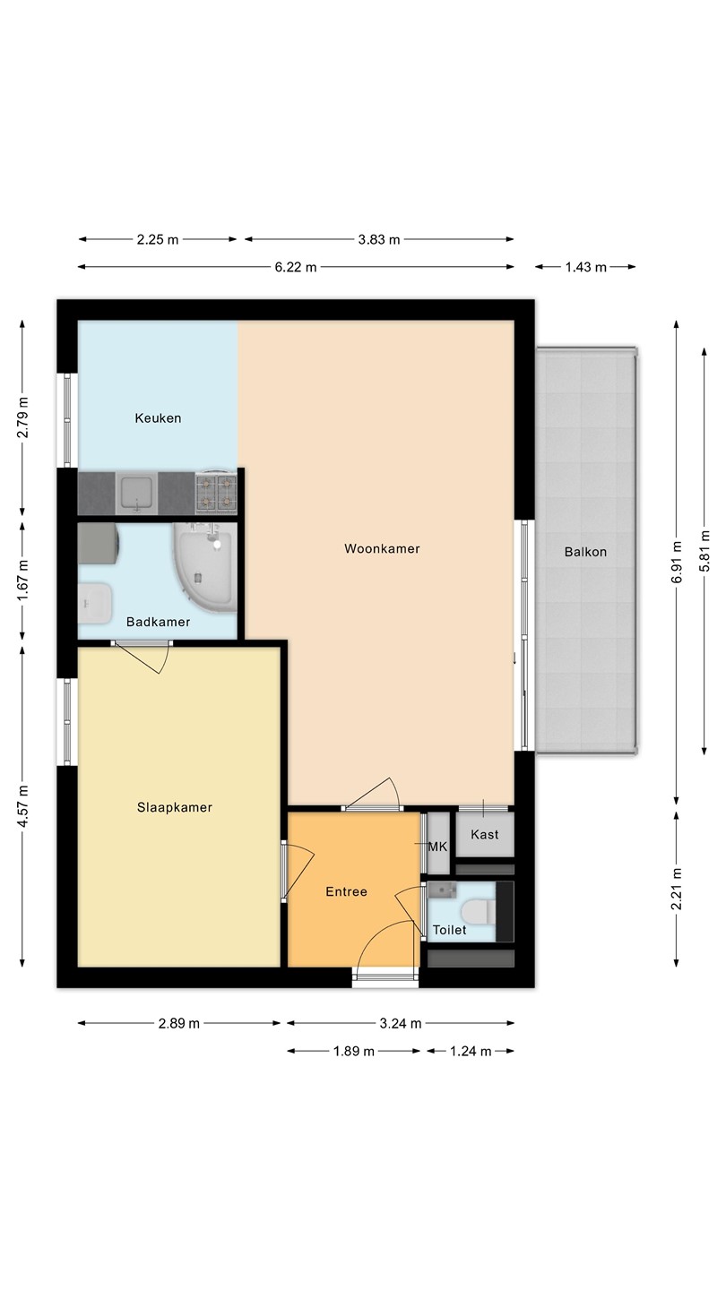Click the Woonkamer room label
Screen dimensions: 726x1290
click(382, 548)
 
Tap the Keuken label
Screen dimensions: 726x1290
click(158, 418)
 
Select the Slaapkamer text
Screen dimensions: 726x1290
click(175, 807)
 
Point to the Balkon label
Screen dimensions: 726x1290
click(585, 552)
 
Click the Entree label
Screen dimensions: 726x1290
click(346, 891)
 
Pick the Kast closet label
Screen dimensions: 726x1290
click(485, 835)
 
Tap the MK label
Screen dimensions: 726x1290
click(438, 847)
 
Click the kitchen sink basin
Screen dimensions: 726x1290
click(136, 493)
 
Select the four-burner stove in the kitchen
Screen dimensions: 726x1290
click(217, 493)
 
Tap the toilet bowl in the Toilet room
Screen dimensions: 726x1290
click(479, 912)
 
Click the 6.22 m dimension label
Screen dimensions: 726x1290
click(296, 267)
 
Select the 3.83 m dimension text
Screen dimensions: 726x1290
click(379, 239)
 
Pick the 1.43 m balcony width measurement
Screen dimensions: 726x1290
click(585, 267)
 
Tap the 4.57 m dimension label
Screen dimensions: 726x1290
click(22, 805)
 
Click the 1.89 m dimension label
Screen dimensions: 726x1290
click(354, 1051)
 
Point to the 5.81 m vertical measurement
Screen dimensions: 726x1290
click(704, 551)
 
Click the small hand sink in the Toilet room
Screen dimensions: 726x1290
click(443, 890)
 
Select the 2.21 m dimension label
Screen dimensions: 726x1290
click(677, 890)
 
